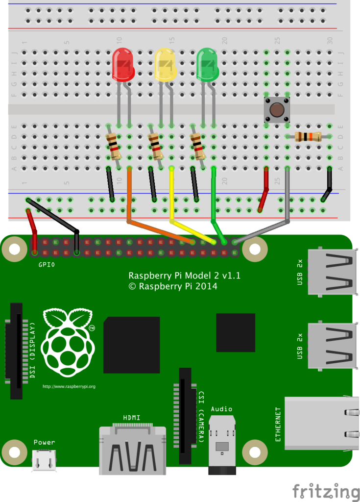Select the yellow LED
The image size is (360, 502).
tap(165, 65)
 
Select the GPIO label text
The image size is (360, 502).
tap(47, 264)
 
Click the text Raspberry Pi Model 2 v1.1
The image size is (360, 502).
tap(184, 276)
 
